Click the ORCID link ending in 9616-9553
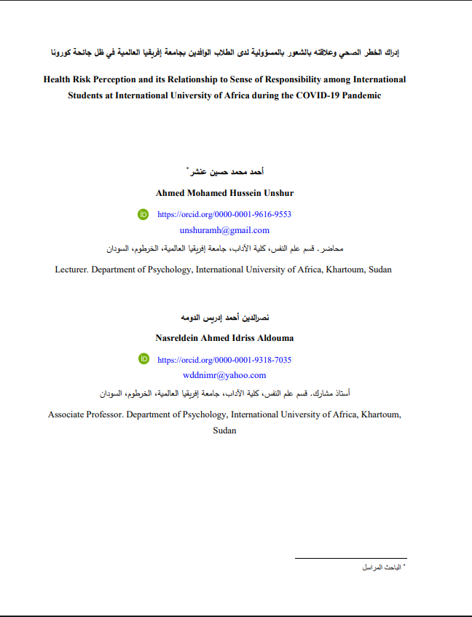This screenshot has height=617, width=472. pos(224,215)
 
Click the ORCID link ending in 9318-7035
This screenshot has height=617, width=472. pos(224,360)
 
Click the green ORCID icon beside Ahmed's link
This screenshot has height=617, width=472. pos(143,214)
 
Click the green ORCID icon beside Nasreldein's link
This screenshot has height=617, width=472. pos(143,359)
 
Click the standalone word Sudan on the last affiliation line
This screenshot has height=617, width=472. pos(224,431)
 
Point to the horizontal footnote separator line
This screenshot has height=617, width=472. pos(350,559)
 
